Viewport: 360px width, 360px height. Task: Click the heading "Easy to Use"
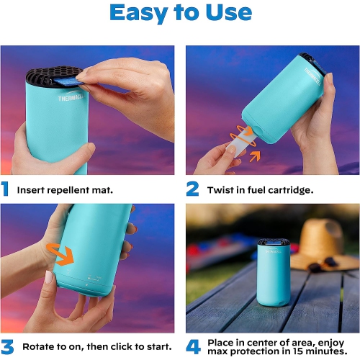pos(180,14)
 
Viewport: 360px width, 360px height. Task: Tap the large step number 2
pos(192,189)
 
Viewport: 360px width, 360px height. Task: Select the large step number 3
pos(6,346)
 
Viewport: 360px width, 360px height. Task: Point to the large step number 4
pos(192,346)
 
